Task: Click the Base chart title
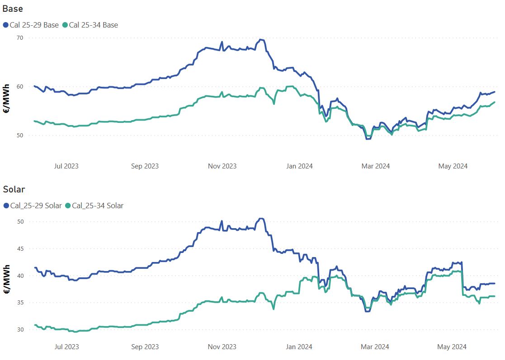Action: pyautogui.click(x=13, y=9)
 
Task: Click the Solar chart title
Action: pyautogui.click(x=14, y=189)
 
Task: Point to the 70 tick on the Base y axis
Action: pyautogui.click(x=20, y=38)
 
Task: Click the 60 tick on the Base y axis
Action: pyautogui.click(x=20, y=87)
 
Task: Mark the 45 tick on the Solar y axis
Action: pyautogui.click(x=20, y=249)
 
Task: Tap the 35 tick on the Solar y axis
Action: pyautogui.click(x=20, y=303)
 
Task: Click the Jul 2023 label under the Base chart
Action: pyautogui.click(x=66, y=166)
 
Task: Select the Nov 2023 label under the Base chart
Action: pyautogui.click(x=222, y=166)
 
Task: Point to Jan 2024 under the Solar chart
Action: pyautogui.click(x=299, y=347)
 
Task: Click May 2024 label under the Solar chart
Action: pyautogui.click(x=453, y=347)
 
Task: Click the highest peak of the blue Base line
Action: pyautogui.click(x=260, y=39)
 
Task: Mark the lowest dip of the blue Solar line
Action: pyautogui.click(x=367, y=311)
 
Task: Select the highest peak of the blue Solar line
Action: pyautogui.click(x=260, y=219)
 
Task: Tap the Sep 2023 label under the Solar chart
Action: pyautogui.click(x=145, y=347)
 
